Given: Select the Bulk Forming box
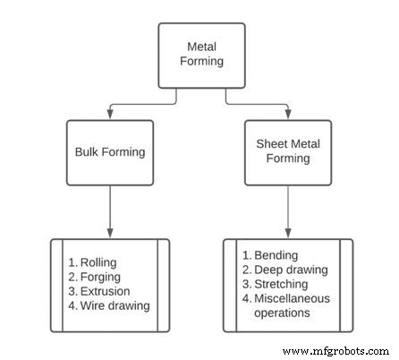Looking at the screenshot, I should tap(109, 152).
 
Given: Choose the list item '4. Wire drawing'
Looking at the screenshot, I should tap(109, 305).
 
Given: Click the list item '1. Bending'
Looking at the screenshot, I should tap(270, 256).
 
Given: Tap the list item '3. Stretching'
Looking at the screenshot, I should tap(276, 285).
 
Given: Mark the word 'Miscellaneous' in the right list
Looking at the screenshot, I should tap(293, 299).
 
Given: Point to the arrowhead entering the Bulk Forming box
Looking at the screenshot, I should tap(109, 115).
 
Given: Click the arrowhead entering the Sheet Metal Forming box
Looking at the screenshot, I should tap(288, 115).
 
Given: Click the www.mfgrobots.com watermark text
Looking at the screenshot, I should tap(336, 351).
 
